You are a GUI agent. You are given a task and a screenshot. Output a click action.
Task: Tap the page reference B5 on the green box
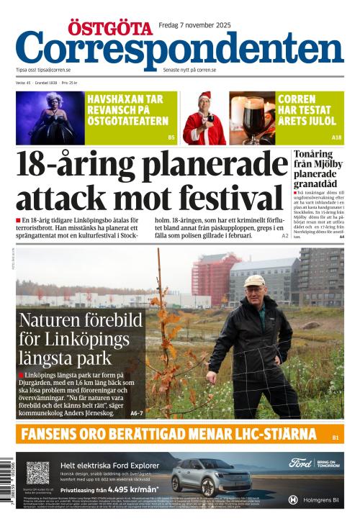pos(171,137)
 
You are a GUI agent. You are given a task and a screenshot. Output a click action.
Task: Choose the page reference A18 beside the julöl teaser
pos(336,137)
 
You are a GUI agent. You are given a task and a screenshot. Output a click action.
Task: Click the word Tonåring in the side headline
pos(313,154)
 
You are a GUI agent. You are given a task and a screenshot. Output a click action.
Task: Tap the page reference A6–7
pos(137,413)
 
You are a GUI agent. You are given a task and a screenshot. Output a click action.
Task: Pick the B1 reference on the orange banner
pos(336,436)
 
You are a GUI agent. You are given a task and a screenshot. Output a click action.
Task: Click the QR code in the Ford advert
pos(37,473)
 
